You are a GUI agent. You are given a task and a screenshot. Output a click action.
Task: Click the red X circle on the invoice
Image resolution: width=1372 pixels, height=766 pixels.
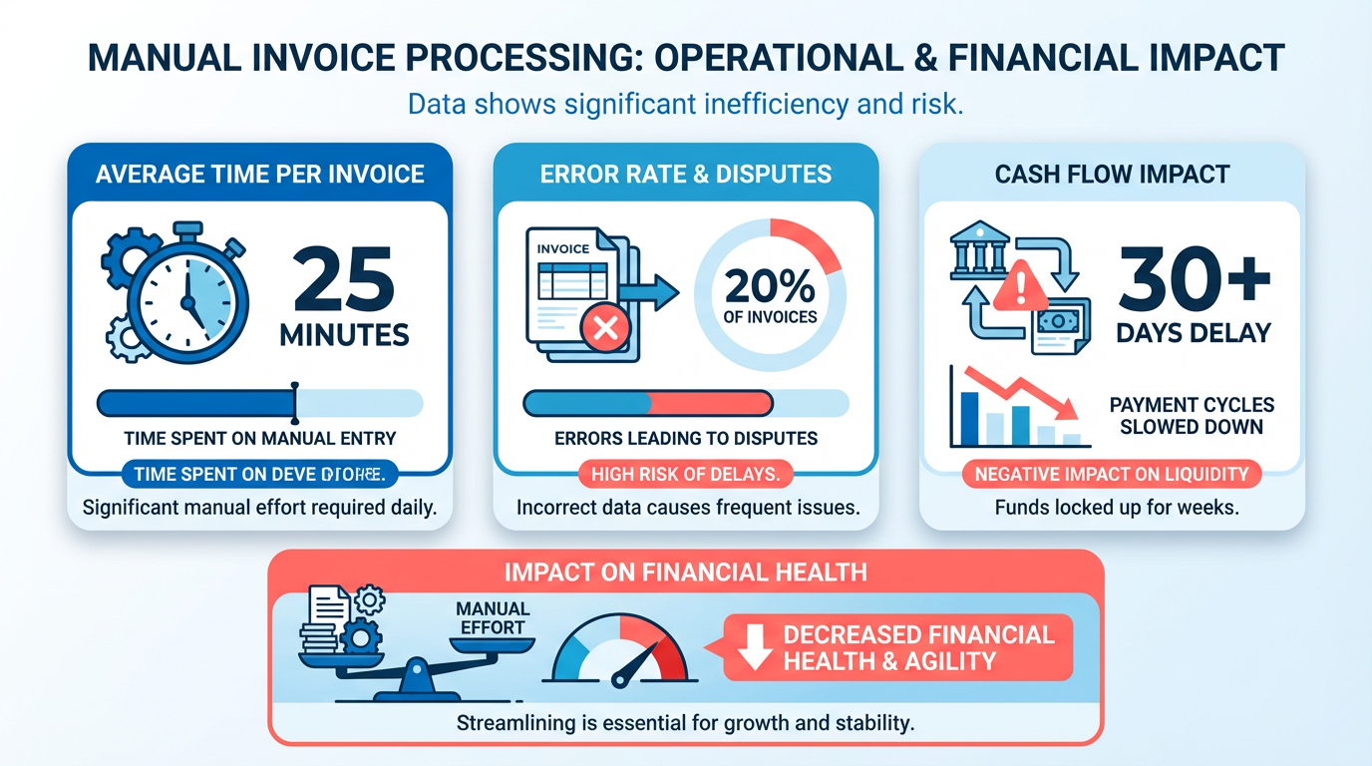click(x=603, y=329)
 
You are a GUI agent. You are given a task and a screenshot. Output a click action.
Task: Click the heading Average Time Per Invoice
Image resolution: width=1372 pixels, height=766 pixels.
click(x=259, y=174)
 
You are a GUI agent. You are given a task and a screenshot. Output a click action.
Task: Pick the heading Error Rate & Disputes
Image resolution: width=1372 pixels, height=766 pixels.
click(x=686, y=174)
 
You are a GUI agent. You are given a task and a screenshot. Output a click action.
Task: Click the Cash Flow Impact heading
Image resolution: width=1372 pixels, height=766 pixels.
click(x=1112, y=174)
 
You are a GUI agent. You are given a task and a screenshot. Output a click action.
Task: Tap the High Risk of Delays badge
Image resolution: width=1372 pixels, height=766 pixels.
click(x=686, y=474)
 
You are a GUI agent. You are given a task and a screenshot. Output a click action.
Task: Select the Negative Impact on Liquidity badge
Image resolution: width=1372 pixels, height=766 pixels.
click(x=1111, y=474)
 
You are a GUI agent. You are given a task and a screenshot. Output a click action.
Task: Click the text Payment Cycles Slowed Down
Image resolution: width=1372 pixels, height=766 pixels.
click(x=1192, y=416)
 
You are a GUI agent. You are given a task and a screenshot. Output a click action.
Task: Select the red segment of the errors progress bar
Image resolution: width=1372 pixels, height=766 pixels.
click(x=710, y=403)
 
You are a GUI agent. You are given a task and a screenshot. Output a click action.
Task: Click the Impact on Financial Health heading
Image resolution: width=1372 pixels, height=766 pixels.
click(x=686, y=572)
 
